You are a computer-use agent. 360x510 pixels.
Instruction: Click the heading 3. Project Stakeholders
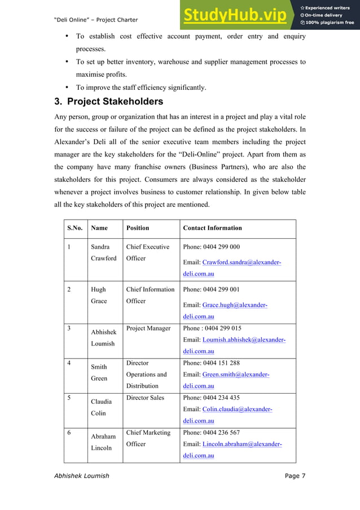pos(109,102)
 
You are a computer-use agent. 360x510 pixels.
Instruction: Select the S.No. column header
pos(75,228)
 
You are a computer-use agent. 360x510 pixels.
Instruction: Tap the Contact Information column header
pos(212,228)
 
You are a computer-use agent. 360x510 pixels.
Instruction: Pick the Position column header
pos(138,228)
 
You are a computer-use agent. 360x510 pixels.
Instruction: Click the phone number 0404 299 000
pos(212,247)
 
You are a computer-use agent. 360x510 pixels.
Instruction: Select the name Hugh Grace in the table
pos(99,295)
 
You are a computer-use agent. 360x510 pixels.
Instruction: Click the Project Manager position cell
pos(148,328)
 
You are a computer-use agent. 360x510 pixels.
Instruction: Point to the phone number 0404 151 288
pos(212,363)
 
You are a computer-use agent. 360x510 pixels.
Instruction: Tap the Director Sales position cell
pos(145,398)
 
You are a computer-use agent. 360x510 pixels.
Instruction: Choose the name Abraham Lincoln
pos(103,442)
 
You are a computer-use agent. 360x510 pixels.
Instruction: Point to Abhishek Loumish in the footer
pos(81,476)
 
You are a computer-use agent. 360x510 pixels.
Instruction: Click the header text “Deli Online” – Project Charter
pos(96,20)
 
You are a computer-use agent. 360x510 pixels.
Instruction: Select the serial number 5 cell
pos(69,398)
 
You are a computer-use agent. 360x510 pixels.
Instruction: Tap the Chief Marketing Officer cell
pos(148,438)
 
